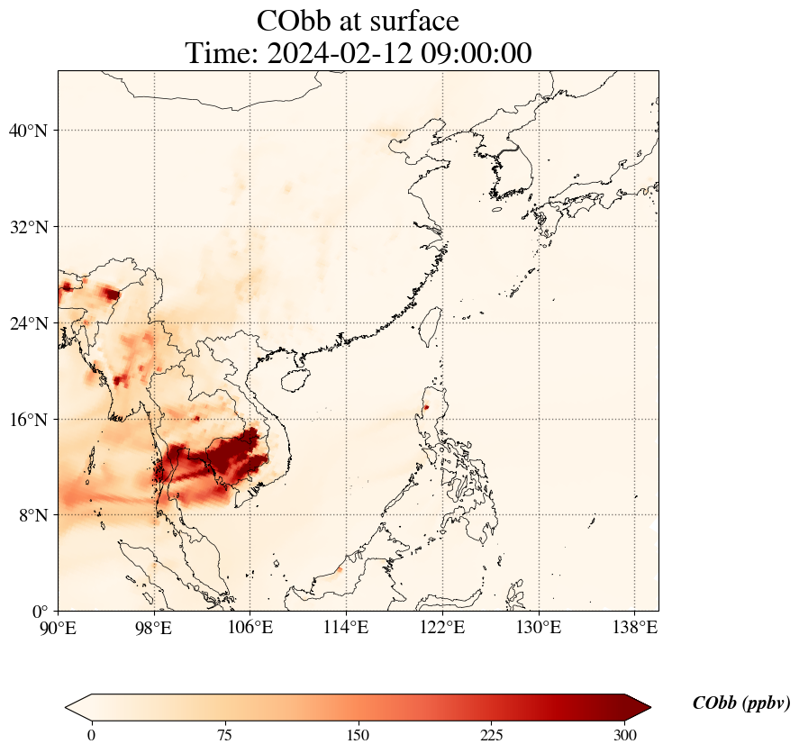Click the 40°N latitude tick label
click(28, 131)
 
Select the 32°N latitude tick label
click(28, 227)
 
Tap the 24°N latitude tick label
click(28, 323)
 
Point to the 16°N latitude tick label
click(28, 420)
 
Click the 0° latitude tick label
click(41, 612)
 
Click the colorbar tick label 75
click(224, 735)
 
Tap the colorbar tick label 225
click(492, 735)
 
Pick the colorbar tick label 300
click(625, 735)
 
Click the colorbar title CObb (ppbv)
click(741, 703)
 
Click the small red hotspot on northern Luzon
click(426, 407)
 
